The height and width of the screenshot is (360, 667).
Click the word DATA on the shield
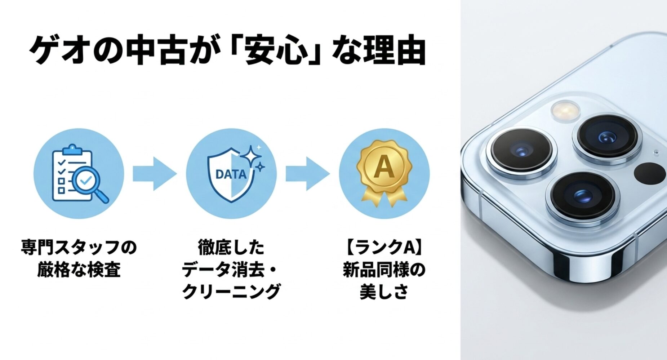point(231,174)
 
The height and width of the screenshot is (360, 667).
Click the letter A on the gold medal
point(383,168)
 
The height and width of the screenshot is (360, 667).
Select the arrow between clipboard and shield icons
point(155,173)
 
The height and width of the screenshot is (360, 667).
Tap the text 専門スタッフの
point(79,248)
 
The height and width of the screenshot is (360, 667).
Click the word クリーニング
point(231,291)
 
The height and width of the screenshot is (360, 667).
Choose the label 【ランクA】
point(384,248)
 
